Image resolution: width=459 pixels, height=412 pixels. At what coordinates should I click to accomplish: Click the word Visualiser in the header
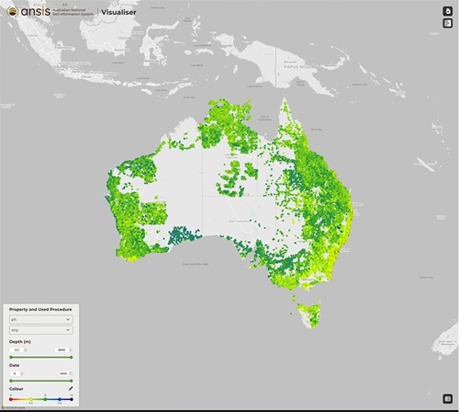coord(117,12)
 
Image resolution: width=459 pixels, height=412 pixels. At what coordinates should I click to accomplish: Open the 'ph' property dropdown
coord(39,321)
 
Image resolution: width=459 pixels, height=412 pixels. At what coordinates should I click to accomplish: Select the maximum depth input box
coord(62,349)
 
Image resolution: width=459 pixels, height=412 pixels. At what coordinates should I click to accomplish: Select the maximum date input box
coord(62,373)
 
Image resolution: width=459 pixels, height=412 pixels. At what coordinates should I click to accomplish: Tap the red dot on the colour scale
coord(10,399)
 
